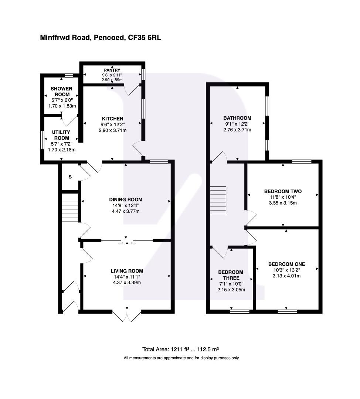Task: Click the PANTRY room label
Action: point(112,70)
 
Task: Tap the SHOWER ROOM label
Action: point(61,92)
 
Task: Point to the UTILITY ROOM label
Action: point(61,135)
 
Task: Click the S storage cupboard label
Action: point(70,177)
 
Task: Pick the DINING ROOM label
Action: point(126,199)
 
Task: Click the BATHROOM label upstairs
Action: point(237,118)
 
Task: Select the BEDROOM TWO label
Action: point(283,191)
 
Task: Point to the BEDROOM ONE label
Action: point(286,264)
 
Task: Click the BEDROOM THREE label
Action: point(231,275)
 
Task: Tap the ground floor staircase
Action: point(70,208)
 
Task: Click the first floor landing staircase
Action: point(218,200)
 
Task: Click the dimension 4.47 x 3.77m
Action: point(126,211)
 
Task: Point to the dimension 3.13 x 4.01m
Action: point(286,276)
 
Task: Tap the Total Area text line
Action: point(181,349)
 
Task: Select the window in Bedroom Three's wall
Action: point(240,311)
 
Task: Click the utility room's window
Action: point(42,139)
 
